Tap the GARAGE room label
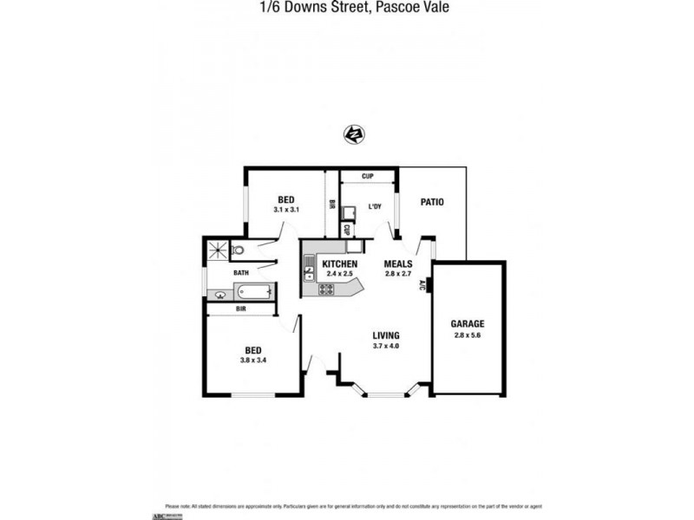468,324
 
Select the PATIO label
432,203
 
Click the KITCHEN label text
339,263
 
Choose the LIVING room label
385,335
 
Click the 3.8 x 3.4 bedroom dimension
252,361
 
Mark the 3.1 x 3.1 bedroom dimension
286,210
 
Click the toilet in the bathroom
238,250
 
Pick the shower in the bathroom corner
216,250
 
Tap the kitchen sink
308,272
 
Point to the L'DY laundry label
375,206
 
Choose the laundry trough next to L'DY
349,213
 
